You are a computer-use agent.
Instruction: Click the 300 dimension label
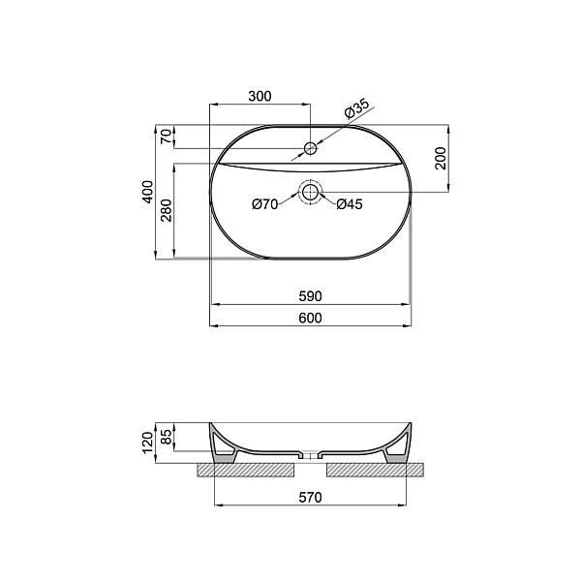260,96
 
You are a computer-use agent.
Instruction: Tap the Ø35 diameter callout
356,107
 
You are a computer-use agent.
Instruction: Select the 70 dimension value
168,137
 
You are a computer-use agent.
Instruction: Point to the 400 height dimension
147,192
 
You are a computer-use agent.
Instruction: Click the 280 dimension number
167,210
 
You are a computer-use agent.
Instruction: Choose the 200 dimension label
441,158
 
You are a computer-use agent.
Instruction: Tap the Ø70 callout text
265,204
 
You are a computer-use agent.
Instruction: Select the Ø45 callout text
350,204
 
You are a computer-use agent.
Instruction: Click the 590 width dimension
311,296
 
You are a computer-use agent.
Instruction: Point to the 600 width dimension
311,319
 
